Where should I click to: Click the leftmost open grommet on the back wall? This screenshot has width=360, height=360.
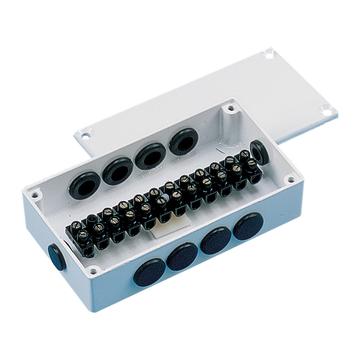point(85,185)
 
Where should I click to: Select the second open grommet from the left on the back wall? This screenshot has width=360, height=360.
point(118,171)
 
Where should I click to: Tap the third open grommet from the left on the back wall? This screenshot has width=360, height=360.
point(150,156)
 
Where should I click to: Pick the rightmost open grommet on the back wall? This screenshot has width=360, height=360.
point(184,141)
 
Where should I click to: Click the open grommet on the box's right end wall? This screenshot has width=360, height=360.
point(260,152)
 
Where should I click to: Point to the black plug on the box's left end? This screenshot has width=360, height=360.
point(57,257)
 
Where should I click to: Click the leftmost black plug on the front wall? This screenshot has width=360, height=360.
point(149,273)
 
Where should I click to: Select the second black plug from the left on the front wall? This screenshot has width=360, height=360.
point(182,256)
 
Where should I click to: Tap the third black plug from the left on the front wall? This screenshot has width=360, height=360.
point(216,240)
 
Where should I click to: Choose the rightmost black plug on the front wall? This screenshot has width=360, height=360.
point(248,226)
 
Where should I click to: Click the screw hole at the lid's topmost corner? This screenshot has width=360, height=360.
point(269,54)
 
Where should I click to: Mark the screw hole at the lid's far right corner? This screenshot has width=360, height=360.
point(326,110)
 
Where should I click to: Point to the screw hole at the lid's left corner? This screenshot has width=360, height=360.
point(85,136)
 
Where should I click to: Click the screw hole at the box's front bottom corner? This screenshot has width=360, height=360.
point(93,270)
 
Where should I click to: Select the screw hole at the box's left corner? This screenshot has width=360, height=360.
point(35,195)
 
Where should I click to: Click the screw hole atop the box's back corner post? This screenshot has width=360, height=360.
point(231,108)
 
